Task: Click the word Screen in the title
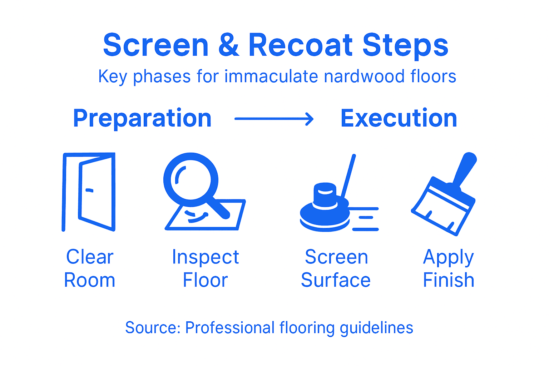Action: coord(155,45)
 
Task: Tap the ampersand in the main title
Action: coord(228,45)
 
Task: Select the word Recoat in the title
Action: coord(301,45)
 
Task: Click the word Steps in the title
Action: coord(405,45)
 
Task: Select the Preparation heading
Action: coord(142,118)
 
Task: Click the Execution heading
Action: coord(399,118)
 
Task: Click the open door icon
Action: coord(89,192)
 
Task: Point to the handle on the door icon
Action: coord(89,190)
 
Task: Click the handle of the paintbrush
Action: coord(465,168)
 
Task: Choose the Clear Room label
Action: coord(90,268)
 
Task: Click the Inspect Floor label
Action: coord(206,268)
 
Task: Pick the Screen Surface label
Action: coord(336,268)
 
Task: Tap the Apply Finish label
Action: coord(449,268)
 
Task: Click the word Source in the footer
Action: coord(152,328)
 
